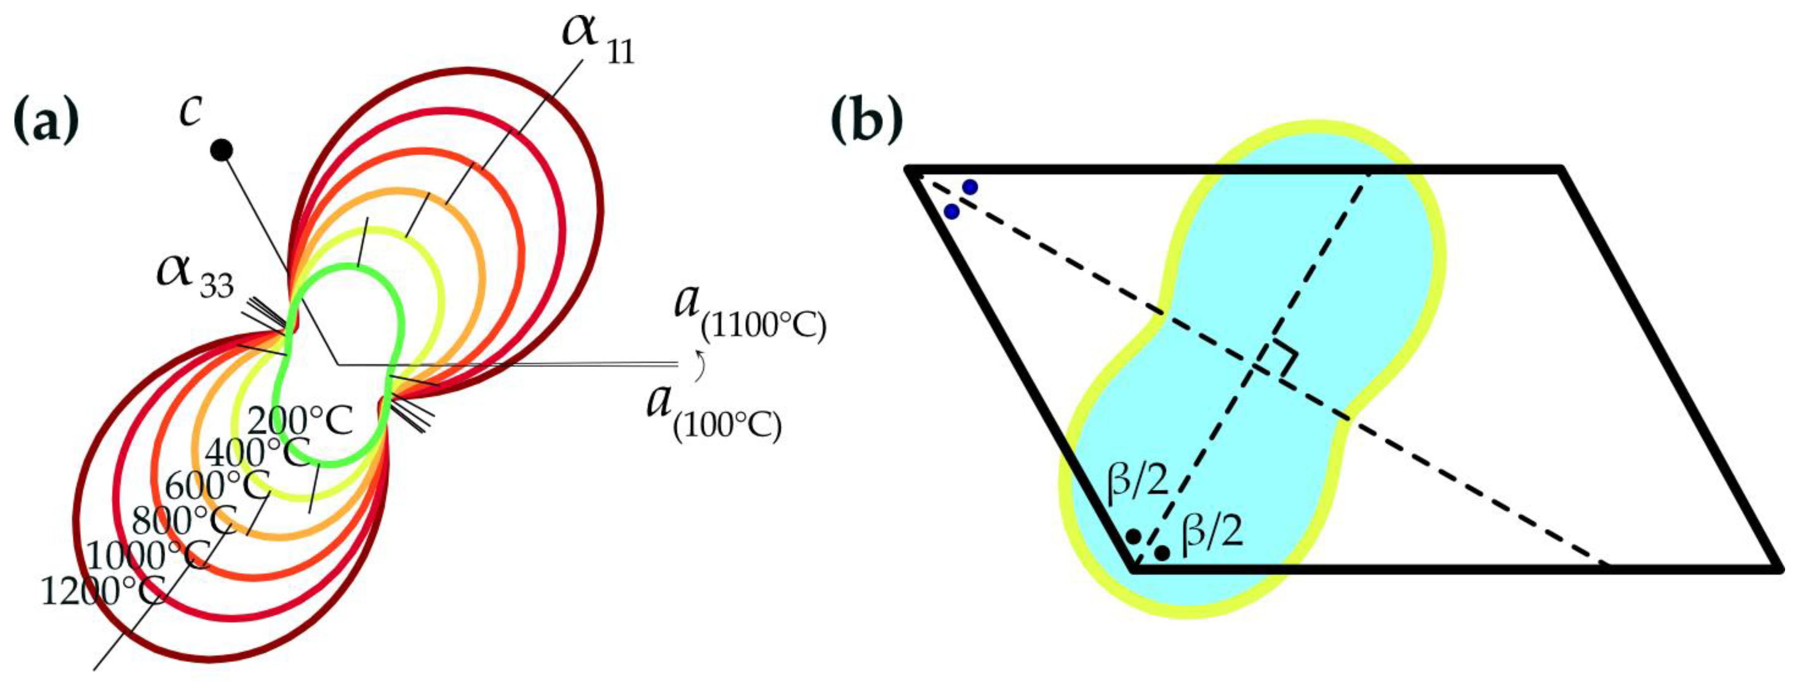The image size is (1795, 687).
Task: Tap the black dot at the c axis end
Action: click(222, 150)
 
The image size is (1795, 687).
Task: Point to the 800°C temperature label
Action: click(184, 520)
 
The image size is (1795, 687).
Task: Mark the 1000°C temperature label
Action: click(148, 556)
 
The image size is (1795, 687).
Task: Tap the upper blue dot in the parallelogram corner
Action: click(969, 187)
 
